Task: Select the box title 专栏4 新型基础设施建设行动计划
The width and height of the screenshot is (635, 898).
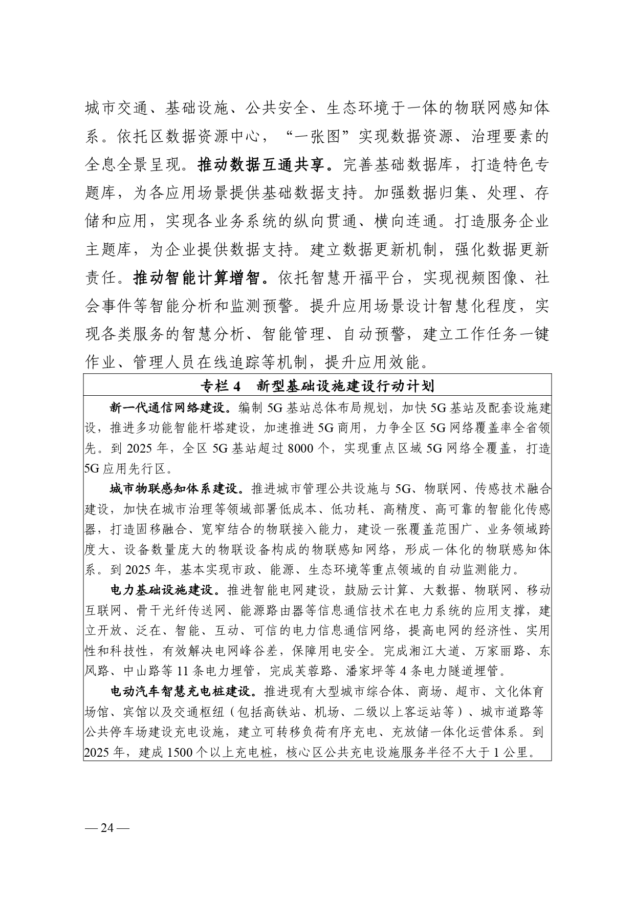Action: [317, 386]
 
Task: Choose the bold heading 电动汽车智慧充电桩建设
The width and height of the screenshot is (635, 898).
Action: [182, 691]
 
